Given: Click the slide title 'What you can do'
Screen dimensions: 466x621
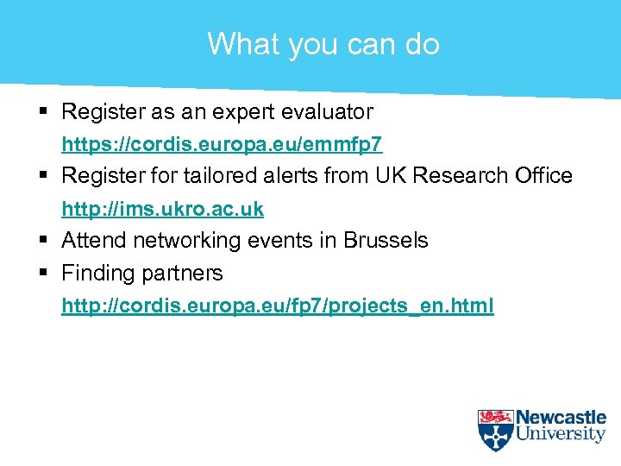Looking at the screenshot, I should [x=323, y=43].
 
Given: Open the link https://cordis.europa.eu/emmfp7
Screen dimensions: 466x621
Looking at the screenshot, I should [x=222, y=143].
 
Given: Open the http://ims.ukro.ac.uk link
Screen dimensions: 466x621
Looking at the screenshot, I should [x=162, y=209].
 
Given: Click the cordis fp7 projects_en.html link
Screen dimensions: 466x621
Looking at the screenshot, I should [x=277, y=305].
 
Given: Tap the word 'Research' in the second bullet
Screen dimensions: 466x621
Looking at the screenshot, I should [x=458, y=175].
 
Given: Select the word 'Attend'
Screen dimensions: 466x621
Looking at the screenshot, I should [x=90, y=240].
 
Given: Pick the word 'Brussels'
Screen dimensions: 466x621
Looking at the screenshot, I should [x=386, y=240].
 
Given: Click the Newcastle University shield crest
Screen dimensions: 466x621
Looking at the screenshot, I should [x=495, y=430].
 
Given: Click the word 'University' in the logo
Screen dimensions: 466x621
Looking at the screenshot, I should [x=561, y=435].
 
